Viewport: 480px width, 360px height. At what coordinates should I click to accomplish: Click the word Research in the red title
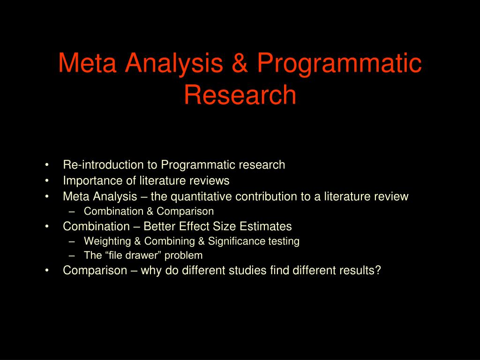240,94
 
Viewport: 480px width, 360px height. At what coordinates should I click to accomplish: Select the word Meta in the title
87,62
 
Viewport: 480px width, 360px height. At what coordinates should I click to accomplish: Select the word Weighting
107,241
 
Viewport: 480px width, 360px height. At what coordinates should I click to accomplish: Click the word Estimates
265,226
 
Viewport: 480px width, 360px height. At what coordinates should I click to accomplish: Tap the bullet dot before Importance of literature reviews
47,181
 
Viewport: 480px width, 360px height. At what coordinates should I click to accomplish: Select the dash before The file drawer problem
72,255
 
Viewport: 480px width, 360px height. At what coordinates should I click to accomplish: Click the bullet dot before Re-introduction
47,165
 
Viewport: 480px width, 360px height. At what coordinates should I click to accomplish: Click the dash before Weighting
72,241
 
